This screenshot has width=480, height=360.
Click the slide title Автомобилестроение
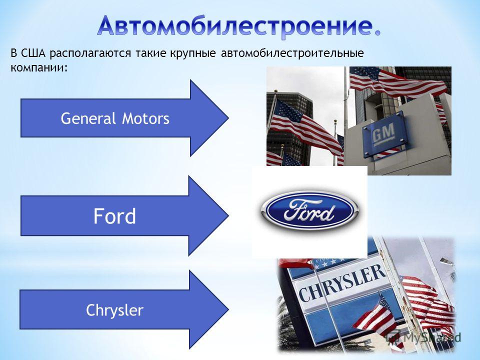click(239, 26)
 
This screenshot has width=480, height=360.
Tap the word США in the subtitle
click(33, 53)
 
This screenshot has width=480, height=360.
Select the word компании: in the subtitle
click(39, 67)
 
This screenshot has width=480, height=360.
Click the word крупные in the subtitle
click(193, 54)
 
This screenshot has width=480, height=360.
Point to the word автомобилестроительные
click(292, 53)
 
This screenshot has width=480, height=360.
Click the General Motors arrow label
click(115, 118)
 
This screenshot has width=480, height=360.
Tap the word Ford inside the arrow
click(114, 216)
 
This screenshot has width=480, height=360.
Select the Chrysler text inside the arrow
click(114, 310)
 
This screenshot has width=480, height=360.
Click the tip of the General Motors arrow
click(228, 118)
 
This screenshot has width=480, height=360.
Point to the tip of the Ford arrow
click(228, 215)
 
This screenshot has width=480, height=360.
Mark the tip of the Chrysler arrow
click(228, 309)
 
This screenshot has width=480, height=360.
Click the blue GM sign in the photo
click(385, 134)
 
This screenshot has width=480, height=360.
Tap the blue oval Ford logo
click(309, 210)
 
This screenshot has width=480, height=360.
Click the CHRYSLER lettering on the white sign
click(342, 283)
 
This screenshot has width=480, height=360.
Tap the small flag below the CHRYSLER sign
click(375, 317)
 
